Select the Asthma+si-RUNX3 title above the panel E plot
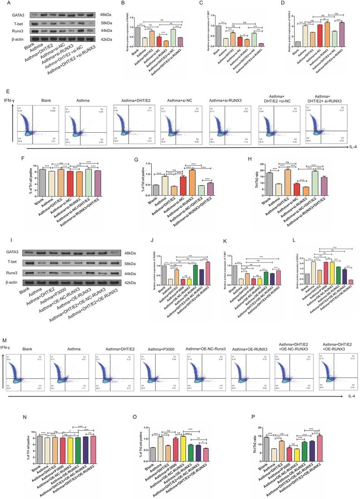[228, 100]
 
